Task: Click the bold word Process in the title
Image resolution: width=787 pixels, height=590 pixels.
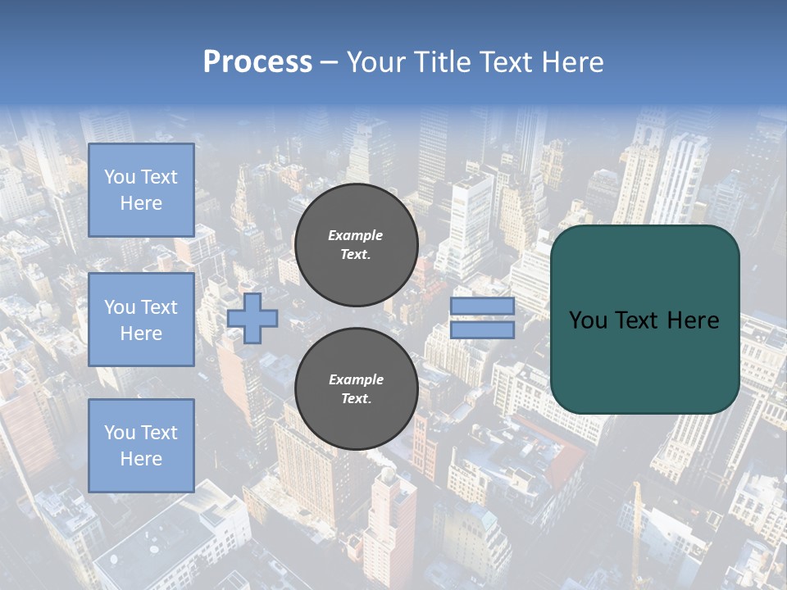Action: coord(257,62)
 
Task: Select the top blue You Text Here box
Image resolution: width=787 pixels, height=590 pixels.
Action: coord(141,190)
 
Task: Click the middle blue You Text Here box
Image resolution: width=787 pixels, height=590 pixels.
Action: coord(141,320)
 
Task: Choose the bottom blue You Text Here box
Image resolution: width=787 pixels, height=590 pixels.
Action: coord(141,445)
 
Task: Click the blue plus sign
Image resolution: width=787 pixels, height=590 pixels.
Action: coord(252,318)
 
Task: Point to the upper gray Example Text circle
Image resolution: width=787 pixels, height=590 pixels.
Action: coord(356,245)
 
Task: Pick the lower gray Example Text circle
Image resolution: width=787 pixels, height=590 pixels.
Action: coord(356,389)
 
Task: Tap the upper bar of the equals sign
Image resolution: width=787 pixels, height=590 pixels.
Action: coord(482,306)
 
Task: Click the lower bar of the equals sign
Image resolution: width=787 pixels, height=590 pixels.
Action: coord(482,330)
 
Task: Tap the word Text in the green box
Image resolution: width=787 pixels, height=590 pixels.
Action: coord(636,320)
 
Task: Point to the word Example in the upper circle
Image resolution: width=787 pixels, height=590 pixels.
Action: coord(356,235)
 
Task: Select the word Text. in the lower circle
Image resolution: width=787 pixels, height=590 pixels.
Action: coord(356,399)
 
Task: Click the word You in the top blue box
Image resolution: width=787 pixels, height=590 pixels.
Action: coord(120,177)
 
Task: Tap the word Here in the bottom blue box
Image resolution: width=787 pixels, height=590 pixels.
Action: coord(141,459)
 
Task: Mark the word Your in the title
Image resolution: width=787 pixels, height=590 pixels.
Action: coord(375,62)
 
